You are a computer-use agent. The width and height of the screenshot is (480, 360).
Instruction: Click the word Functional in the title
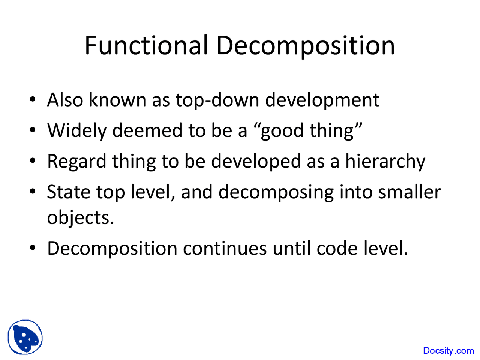tap(146, 46)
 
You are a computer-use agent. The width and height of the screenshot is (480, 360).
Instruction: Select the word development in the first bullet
tap(322, 100)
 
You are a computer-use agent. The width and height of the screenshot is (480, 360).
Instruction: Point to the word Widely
tap(76, 131)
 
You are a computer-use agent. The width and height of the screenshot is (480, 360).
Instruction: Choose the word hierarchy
tap(385, 162)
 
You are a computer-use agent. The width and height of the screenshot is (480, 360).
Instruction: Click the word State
tap(69, 192)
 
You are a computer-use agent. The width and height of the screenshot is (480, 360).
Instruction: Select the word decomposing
tap(276, 193)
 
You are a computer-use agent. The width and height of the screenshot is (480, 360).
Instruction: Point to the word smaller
tap(409, 192)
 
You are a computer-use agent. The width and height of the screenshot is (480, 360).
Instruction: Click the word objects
tap(80, 217)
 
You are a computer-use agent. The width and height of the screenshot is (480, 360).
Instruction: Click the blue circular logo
tap(25, 337)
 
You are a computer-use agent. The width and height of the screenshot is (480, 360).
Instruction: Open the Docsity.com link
tap(448, 351)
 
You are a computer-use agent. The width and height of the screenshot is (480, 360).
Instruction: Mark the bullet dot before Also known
tap(33, 100)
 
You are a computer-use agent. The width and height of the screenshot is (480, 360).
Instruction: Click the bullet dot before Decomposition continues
tap(33, 248)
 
